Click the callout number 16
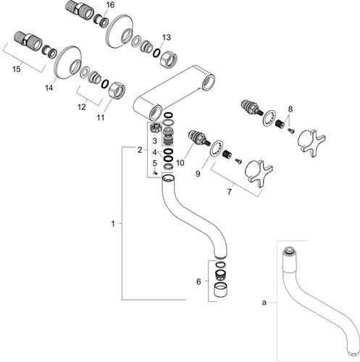tap(110, 5)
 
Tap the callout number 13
tap(166, 38)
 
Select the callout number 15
tap(17, 70)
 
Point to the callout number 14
tap(49, 88)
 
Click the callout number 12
tap(82, 106)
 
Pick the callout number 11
tap(101, 117)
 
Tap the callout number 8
tap(290, 109)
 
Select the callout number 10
tap(180, 163)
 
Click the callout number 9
tap(198, 174)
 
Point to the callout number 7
tap(230, 192)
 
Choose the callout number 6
tap(198, 282)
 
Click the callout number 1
tap(113, 224)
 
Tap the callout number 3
tap(155, 141)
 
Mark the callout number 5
tap(155, 163)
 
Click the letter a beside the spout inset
tap(264, 303)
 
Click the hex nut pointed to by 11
tap(117, 90)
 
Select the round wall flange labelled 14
tap(67, 62)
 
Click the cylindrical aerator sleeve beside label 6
tap(221, 290)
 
